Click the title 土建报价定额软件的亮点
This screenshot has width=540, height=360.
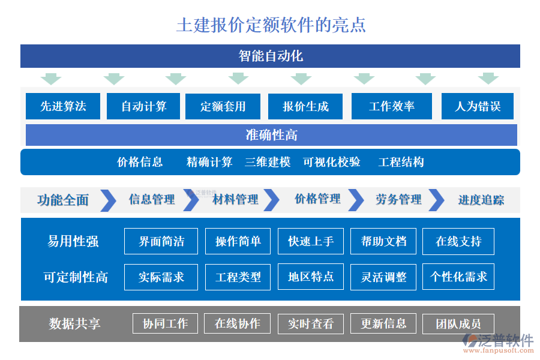click(271, 25)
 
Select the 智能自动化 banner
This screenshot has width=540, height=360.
click(270, 56)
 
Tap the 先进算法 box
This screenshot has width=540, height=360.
click(63, 107)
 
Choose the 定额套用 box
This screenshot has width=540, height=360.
click(223, 107)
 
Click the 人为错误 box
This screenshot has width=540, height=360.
click(478, 107)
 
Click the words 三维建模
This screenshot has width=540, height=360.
click(268, 162)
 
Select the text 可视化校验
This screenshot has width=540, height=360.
click(332, 162)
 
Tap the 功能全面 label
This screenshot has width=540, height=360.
click(62, 200)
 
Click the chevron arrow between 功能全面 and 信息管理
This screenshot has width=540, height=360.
click(108, 200)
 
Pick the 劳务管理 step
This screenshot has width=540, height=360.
click(398, 199)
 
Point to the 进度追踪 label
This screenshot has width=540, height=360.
click(481, 200)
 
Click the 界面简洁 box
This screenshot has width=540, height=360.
click(161, 241)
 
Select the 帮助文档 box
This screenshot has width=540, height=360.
click(383, 241)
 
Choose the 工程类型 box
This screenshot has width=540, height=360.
click(238, 277)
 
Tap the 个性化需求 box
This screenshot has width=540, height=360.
click(458, 277)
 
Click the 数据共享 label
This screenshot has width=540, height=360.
click(74, 324)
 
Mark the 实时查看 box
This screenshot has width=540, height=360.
click(310, 324)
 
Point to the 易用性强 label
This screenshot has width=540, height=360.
click(73, 241)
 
